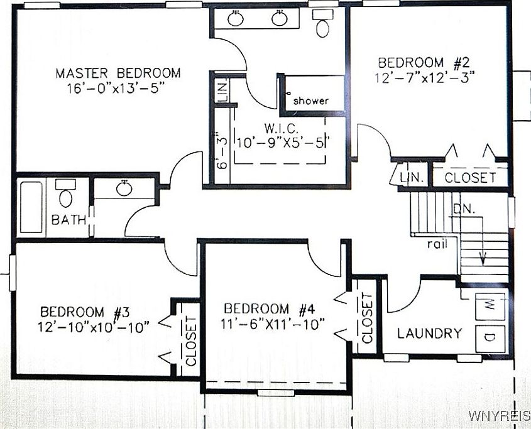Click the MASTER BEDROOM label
tap(118, 73)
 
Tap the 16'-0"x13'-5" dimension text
tap(118, 88)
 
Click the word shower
tap(310, 100)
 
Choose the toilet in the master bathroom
tap(323, 25)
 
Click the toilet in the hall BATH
tap(66, 195)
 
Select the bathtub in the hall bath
tap(31, 207)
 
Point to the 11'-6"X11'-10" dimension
tap(275, 324)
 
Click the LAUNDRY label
tap(429, 333)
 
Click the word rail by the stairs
tap(437, 244)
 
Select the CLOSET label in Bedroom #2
tap(469, 178)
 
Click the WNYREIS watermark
tap(499, 416)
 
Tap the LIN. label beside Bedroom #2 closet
tap(412, 178)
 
